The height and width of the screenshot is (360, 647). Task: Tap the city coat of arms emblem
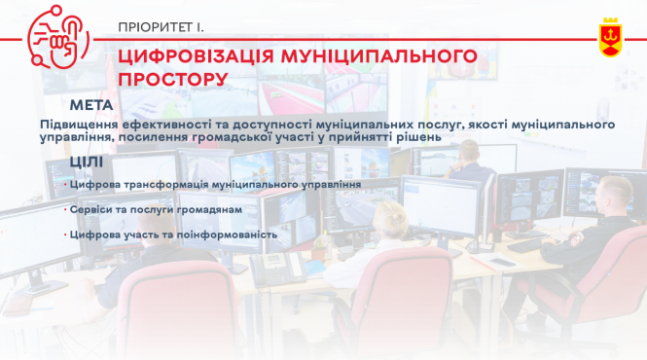pyautogui.click(x=610, y=36)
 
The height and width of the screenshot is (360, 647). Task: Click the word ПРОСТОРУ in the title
pyautogui.click(x=173, y=78)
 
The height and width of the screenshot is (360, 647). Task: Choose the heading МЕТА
pyautogui.click(x=91, y=105)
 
